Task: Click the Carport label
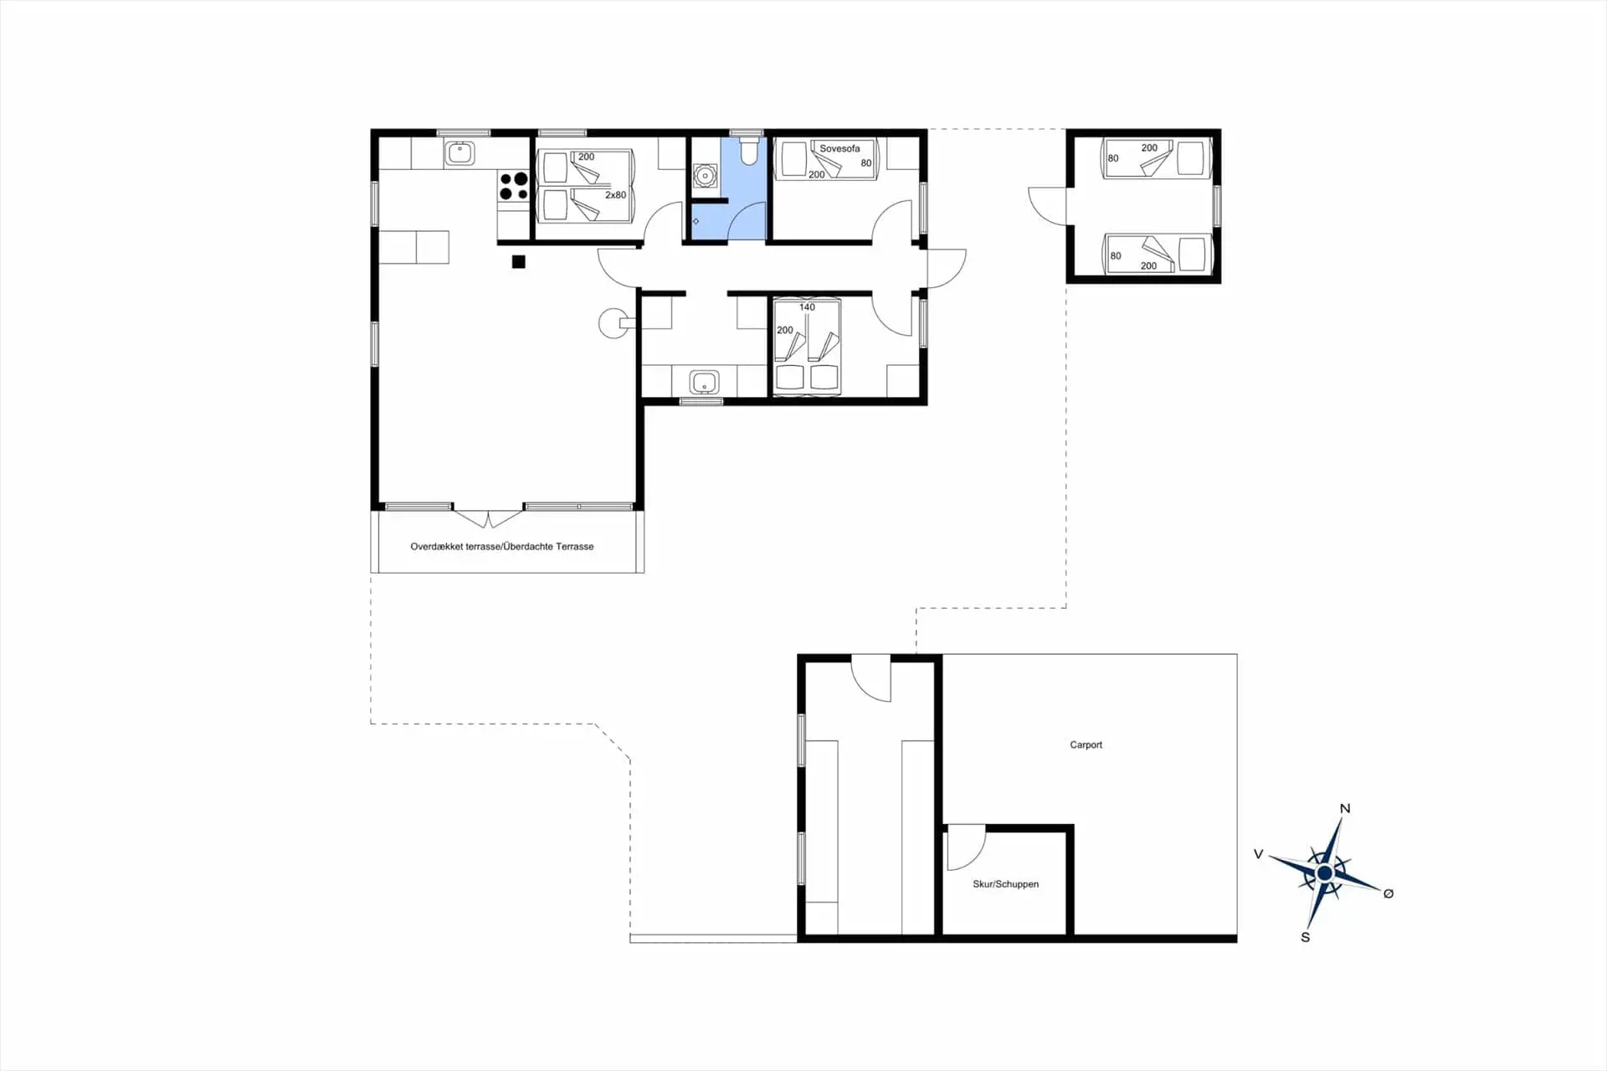(1086, 744)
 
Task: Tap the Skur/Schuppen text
(1005, 883)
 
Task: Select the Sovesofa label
(839, 148)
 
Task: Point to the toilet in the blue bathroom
(748, 151)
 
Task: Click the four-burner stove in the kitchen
(513, 186)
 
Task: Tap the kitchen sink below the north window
(460, 153)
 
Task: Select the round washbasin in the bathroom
(706, 175)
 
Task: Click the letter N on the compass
(1345, 808)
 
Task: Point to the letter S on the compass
(1306, 937)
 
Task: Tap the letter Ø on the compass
(1389, 893)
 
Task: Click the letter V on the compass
(1258, 854)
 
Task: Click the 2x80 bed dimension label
(615, 194)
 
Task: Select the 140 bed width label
(807, 306)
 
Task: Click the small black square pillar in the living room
(519, 262)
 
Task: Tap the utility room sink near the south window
(704, 383)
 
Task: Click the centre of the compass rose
(1324, 873)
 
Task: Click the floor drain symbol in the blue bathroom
(696, 221)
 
